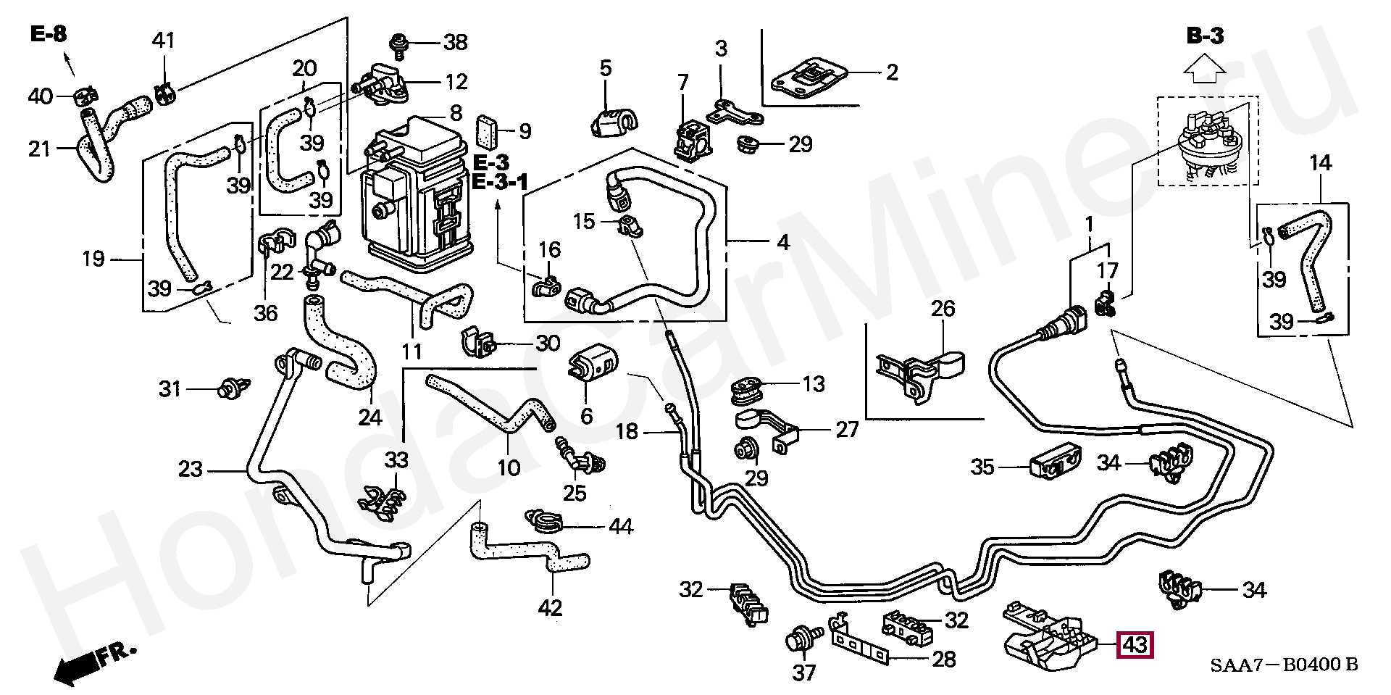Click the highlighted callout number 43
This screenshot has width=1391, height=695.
click(1135, 645)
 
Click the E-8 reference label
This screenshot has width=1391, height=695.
click(49, 34)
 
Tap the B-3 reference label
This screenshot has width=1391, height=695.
click(1205, 36)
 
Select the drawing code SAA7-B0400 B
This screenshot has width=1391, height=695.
click(1284, 665)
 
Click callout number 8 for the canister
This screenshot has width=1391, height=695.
click(455, 113)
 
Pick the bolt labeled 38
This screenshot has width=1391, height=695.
click(398, 43)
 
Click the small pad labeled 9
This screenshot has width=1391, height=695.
click(486, 131)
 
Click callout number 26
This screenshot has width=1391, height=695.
click(943, 309)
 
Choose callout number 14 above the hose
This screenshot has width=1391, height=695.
click(1320, 163)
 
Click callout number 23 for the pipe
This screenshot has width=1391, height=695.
click(191, 470)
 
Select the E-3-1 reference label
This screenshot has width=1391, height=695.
click(500, 182)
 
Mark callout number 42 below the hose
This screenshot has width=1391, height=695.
click(550, 607)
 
